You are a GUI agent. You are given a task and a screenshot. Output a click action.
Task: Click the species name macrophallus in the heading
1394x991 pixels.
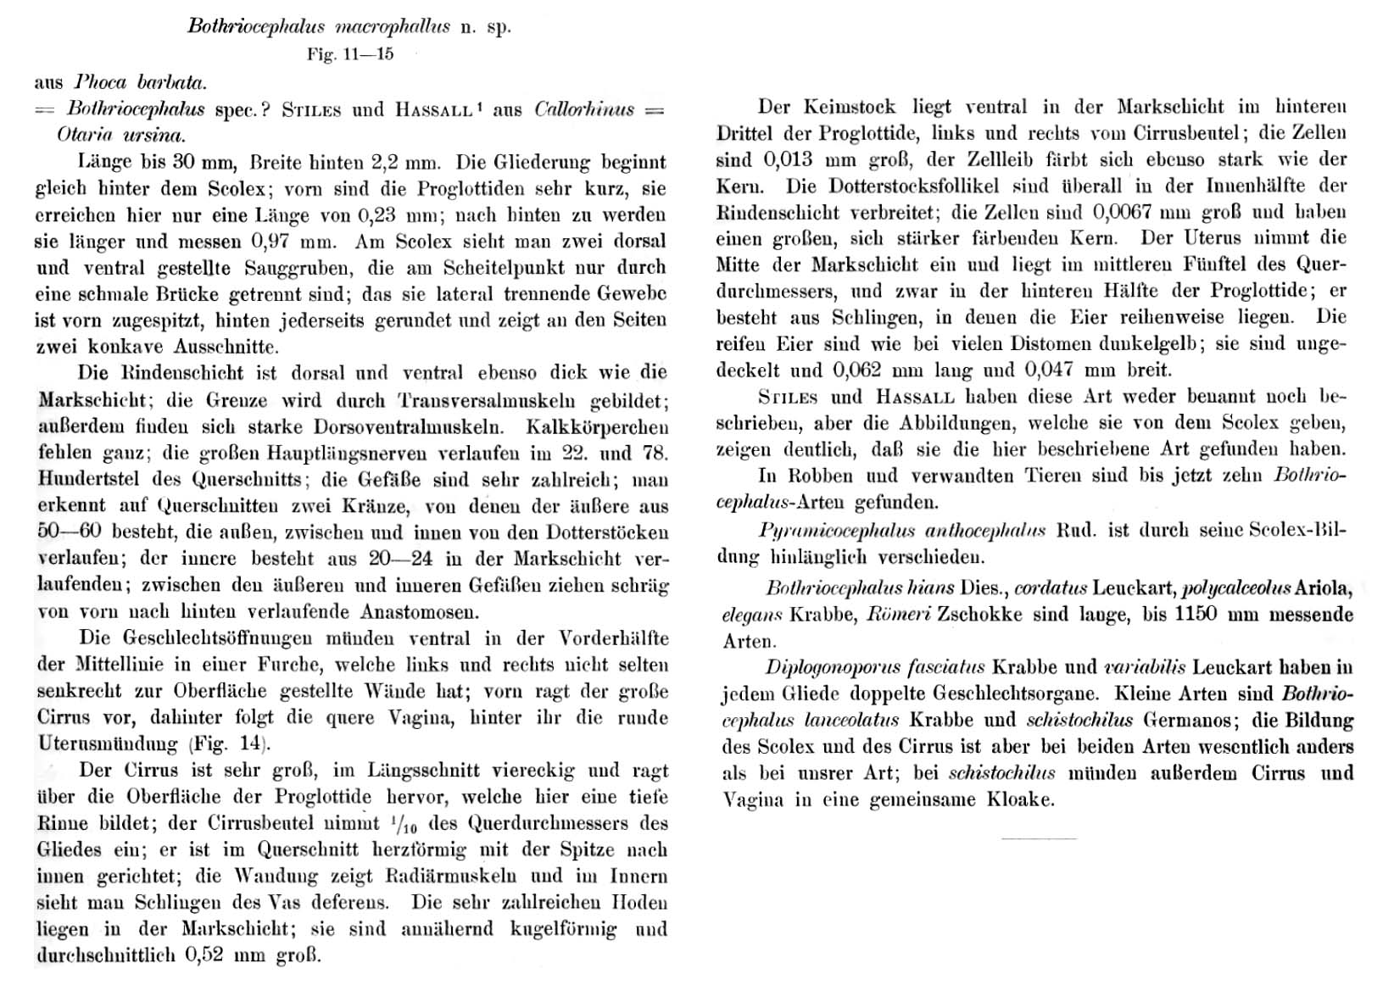pos(393,26)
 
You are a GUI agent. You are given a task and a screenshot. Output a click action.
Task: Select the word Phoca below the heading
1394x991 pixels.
pos(100,83)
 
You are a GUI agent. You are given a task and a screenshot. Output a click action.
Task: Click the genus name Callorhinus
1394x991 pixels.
pos(584,109)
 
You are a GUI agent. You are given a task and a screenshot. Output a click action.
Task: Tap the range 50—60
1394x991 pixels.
pos(67,532)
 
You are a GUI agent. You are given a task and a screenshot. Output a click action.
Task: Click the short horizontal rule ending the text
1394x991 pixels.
pos(1039,838)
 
